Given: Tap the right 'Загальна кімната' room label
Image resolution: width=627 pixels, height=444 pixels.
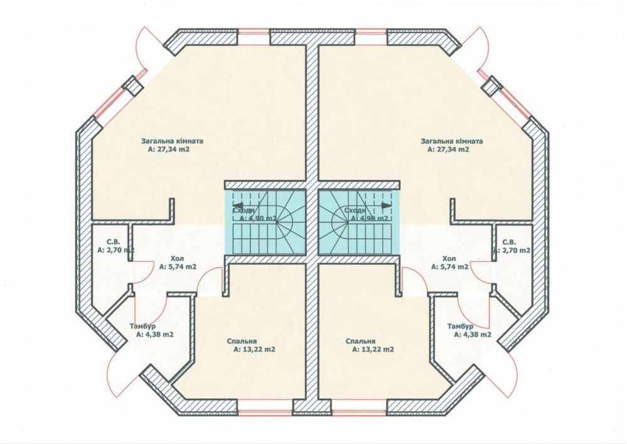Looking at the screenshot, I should [x=447, y=141].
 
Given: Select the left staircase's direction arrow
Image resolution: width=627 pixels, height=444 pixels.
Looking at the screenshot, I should [x=238, y=204].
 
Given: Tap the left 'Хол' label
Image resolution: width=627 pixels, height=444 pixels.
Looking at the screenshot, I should [x=178, y=258].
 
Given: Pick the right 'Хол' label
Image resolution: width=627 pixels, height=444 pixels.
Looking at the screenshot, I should [x=449, y=258].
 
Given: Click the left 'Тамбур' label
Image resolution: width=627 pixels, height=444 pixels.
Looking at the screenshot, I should [x=143, y=327].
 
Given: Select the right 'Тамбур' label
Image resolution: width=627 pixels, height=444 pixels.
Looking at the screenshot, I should [x=461, y=327].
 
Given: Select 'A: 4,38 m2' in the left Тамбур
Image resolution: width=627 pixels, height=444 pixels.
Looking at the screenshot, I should [x=154, y=335].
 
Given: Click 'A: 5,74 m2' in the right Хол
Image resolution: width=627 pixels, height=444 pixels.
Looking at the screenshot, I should [x=449, y=266].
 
